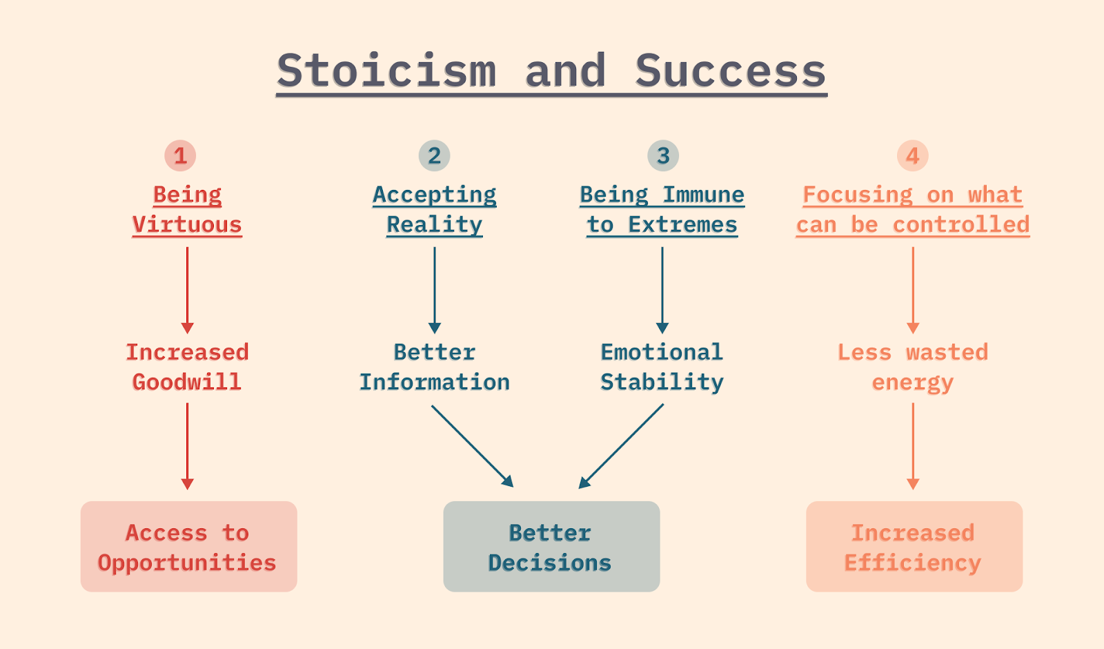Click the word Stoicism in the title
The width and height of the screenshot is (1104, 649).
point(386,71)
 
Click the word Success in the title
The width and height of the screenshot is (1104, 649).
point(730,71)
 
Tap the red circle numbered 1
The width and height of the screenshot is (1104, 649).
point(180,156)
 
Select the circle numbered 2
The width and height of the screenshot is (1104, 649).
point(434,156)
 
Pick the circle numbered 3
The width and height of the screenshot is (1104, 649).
point(662,156)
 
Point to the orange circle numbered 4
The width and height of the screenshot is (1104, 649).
point(912,156)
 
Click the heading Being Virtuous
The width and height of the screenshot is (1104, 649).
point(187,210)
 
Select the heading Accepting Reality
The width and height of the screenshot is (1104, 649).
point(434,210)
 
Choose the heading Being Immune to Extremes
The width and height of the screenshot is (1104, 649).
point(662,210)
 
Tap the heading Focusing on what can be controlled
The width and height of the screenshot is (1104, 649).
point(912,210)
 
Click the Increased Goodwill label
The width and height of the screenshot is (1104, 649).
point(187,367)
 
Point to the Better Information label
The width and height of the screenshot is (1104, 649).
point(434,367)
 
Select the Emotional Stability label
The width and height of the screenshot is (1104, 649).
point(662,367)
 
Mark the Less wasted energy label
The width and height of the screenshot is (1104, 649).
point(912,367)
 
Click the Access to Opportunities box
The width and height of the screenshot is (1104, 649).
point(188,546)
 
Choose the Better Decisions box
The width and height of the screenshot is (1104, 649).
point(551,546)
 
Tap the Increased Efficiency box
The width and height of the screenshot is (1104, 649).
point(914,546)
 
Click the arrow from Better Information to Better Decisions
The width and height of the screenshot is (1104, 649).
point(472,445)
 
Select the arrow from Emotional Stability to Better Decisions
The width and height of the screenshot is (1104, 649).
point(622,445)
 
